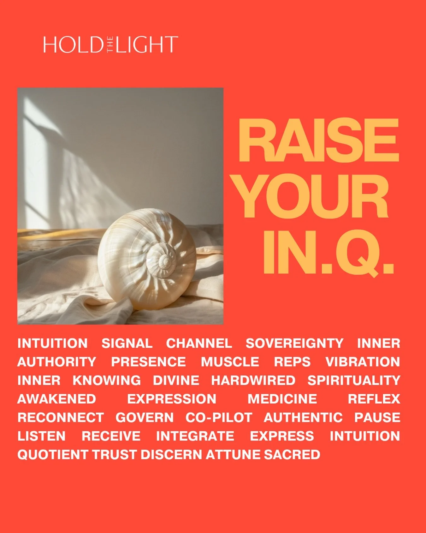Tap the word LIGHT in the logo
146,45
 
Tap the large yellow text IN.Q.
328,252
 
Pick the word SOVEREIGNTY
294,343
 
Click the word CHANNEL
199,343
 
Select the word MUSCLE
230,362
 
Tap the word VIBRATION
363,362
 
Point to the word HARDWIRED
253,380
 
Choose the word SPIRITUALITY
354,380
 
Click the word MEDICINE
282,399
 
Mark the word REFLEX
374,399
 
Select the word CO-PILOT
219,418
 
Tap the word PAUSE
377,418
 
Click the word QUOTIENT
52,455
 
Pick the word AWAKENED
57,399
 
